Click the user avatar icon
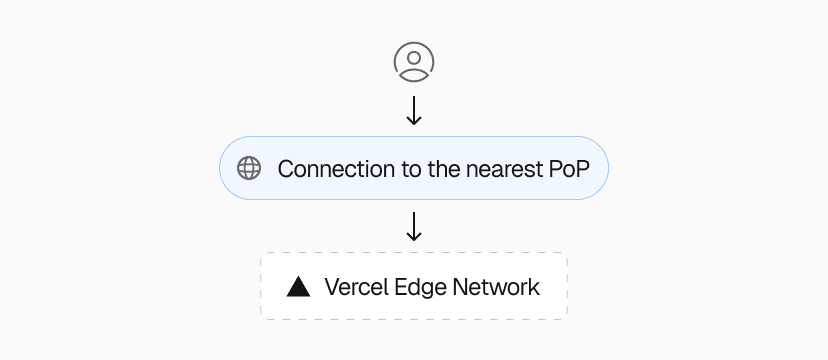(413, 62)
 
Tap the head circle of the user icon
(413, 56)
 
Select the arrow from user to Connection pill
(413, 110)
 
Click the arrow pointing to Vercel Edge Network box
(413, 226)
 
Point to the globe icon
(249, 168)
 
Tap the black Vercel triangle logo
(298, 288)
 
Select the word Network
(497, 288)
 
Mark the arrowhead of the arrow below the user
(413, 121)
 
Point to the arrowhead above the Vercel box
(413, 237)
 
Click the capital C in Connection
(286, 168)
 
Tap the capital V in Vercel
(332, 288)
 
